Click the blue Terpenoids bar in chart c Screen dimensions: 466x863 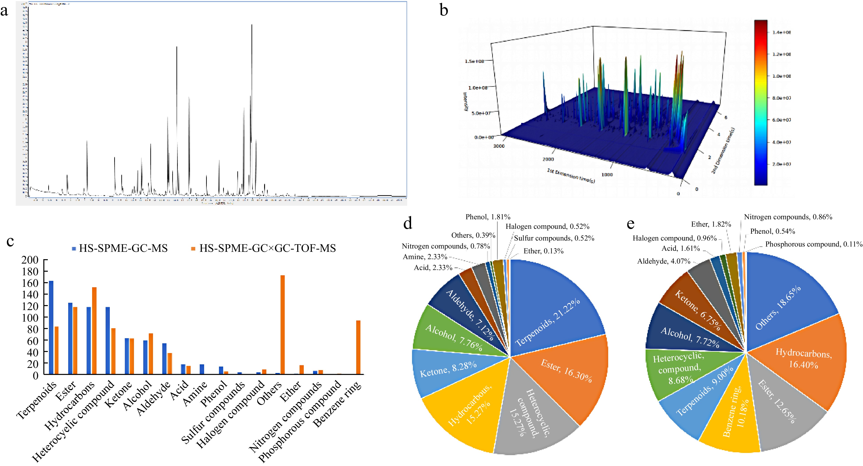51,327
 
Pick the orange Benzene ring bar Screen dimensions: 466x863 358,347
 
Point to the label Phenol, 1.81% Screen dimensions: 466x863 488,217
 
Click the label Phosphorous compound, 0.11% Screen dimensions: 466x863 813,244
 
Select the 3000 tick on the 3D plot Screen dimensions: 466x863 499,146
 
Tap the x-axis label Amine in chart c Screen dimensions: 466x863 195,394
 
